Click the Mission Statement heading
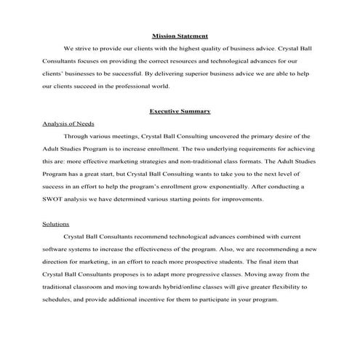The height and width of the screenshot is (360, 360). (x=180, y=36)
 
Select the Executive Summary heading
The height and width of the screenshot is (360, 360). (x=180, y=111)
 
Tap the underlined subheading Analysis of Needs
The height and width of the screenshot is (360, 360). (x=68, y=124)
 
